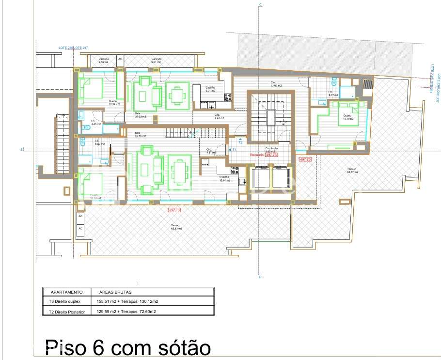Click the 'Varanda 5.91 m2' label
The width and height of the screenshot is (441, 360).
(156, 61)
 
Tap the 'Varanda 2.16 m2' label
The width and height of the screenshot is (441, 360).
(104, 61)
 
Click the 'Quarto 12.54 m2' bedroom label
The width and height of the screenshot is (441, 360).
(114, 103)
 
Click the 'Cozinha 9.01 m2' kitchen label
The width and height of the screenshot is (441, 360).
(210, 89)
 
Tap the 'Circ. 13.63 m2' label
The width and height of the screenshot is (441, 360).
(276, 84)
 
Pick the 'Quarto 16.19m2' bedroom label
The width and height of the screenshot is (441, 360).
(348, 117)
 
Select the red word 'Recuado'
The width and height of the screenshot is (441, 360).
(257, 155)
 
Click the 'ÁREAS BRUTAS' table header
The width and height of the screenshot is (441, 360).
(115, 292)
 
